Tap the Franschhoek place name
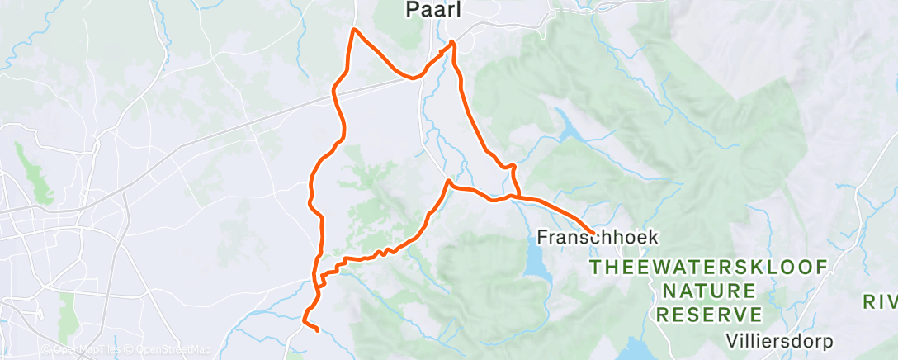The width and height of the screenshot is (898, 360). (598, 237)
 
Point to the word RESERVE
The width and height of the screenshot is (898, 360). (709, 315)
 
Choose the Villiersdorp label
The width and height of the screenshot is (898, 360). (780, 341)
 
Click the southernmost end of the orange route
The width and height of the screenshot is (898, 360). (318, 330)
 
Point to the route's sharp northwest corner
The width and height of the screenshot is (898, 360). (355, 30)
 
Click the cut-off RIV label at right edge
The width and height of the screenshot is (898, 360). (880, 301)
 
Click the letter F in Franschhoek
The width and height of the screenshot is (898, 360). (542, 237)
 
